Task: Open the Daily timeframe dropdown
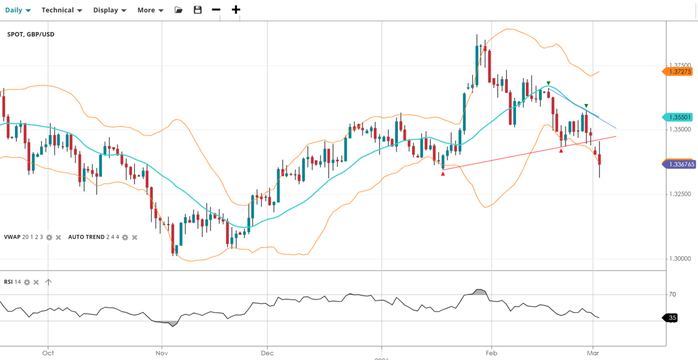(17, 10)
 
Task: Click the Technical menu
(61, 10)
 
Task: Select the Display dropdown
(110, 10)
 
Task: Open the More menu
(150, 10)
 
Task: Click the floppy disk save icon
(197, 10)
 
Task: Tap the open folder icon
(179, 10)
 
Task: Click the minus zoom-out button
(216, 10)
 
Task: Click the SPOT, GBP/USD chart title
(31, 34)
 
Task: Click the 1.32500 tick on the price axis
(681, 194)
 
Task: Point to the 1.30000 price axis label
(681, 259)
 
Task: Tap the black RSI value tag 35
(672, 318)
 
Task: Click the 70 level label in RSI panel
(672, 294)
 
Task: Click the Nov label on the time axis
(162, 353)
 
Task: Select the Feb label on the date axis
(492, 353)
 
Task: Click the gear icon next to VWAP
(50, 238)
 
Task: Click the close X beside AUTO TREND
(134, 238)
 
